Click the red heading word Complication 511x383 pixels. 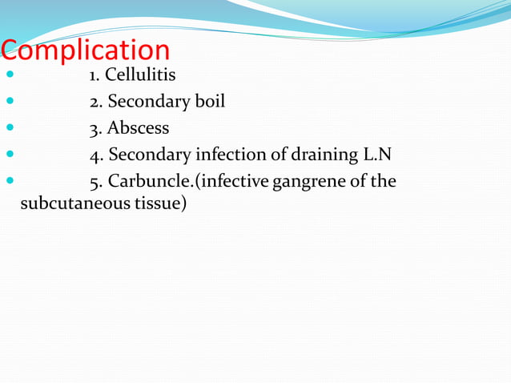point(86,51)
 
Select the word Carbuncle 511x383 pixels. point(143,180)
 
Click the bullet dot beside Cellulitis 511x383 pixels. point(10,77)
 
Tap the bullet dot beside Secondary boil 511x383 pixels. point(10,103)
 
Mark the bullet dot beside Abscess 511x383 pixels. point(10,128)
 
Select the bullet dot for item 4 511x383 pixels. point(10,155)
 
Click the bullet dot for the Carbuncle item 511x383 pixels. point(10,180)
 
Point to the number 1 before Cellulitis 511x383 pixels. point(94,77)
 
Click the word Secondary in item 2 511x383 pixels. point(147,102)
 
